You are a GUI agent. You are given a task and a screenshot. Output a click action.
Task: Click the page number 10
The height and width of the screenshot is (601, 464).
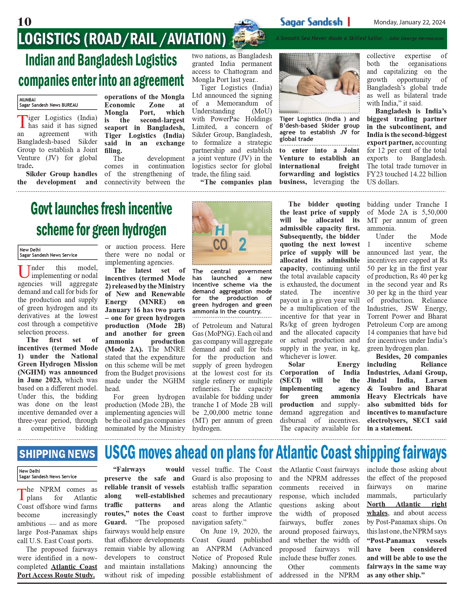coord(24,22)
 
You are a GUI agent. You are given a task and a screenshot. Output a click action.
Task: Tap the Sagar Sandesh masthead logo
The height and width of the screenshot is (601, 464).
coord(311,22)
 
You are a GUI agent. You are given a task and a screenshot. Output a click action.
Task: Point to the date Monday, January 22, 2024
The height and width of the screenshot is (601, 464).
coord(409,22)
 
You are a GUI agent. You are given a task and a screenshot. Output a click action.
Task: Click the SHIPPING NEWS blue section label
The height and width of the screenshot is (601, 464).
coord(57,454)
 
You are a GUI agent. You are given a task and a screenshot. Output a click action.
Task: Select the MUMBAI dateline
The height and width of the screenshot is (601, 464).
coord(28,100)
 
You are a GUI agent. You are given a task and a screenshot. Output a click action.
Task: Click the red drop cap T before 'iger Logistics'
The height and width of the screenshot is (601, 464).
coord(22,122)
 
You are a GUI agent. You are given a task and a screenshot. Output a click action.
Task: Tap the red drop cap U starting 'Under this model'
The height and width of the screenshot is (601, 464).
coord(24,272)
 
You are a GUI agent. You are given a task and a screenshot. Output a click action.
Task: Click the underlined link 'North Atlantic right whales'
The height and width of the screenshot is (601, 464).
coord(406,508)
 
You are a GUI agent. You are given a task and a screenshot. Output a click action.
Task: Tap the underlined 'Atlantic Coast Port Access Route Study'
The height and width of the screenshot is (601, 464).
coord(57,571)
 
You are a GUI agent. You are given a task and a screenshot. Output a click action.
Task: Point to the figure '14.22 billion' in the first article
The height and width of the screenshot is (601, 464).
coord(426,174)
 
